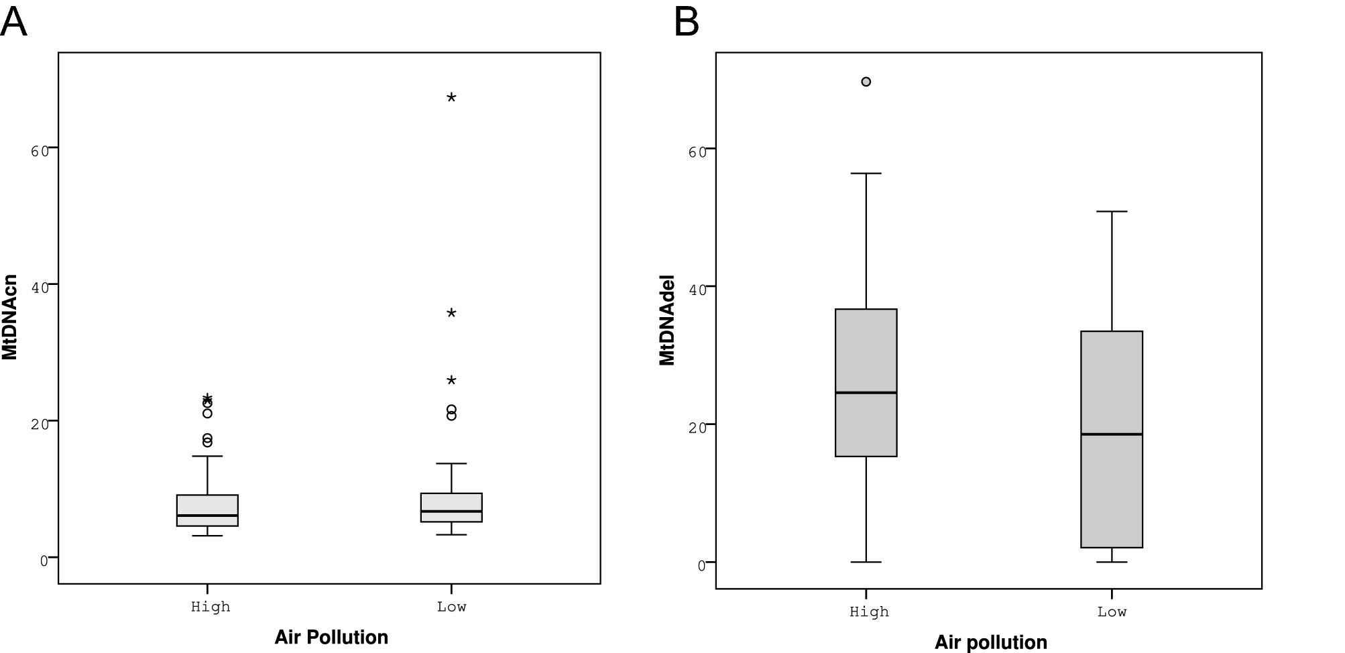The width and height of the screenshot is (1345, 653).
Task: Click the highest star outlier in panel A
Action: click(451, 98)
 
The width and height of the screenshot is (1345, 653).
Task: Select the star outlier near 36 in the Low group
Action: click(451, 313)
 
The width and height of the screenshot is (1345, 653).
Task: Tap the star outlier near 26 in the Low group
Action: click(451, 381)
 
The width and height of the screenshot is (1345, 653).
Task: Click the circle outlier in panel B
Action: click(866, 82)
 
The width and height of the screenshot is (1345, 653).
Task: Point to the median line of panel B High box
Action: click(866, 392)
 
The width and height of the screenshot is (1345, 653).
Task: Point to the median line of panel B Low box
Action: click(1111, 434)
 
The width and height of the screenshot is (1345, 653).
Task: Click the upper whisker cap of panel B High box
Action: click(866, 174)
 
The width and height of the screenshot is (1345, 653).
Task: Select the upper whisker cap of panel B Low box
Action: click(1111, 212)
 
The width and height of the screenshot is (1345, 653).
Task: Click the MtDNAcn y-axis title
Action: click(9, 317)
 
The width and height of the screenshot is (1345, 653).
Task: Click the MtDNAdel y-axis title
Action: click(667, 320)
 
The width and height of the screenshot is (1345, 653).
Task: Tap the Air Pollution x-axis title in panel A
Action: click(331, 637)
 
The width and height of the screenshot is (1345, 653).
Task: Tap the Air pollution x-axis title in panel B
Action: click(990, 642)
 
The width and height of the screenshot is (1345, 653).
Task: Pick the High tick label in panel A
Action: click(210, 607)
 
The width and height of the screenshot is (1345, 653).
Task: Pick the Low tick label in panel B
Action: click(1111, 612)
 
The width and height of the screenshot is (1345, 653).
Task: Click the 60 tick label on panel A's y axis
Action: click(40, 152)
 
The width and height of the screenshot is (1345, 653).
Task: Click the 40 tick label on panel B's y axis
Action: click(697, 290)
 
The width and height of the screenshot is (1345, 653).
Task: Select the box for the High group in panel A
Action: click(207, 510)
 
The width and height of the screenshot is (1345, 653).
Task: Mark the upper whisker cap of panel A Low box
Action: click(451, 463)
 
